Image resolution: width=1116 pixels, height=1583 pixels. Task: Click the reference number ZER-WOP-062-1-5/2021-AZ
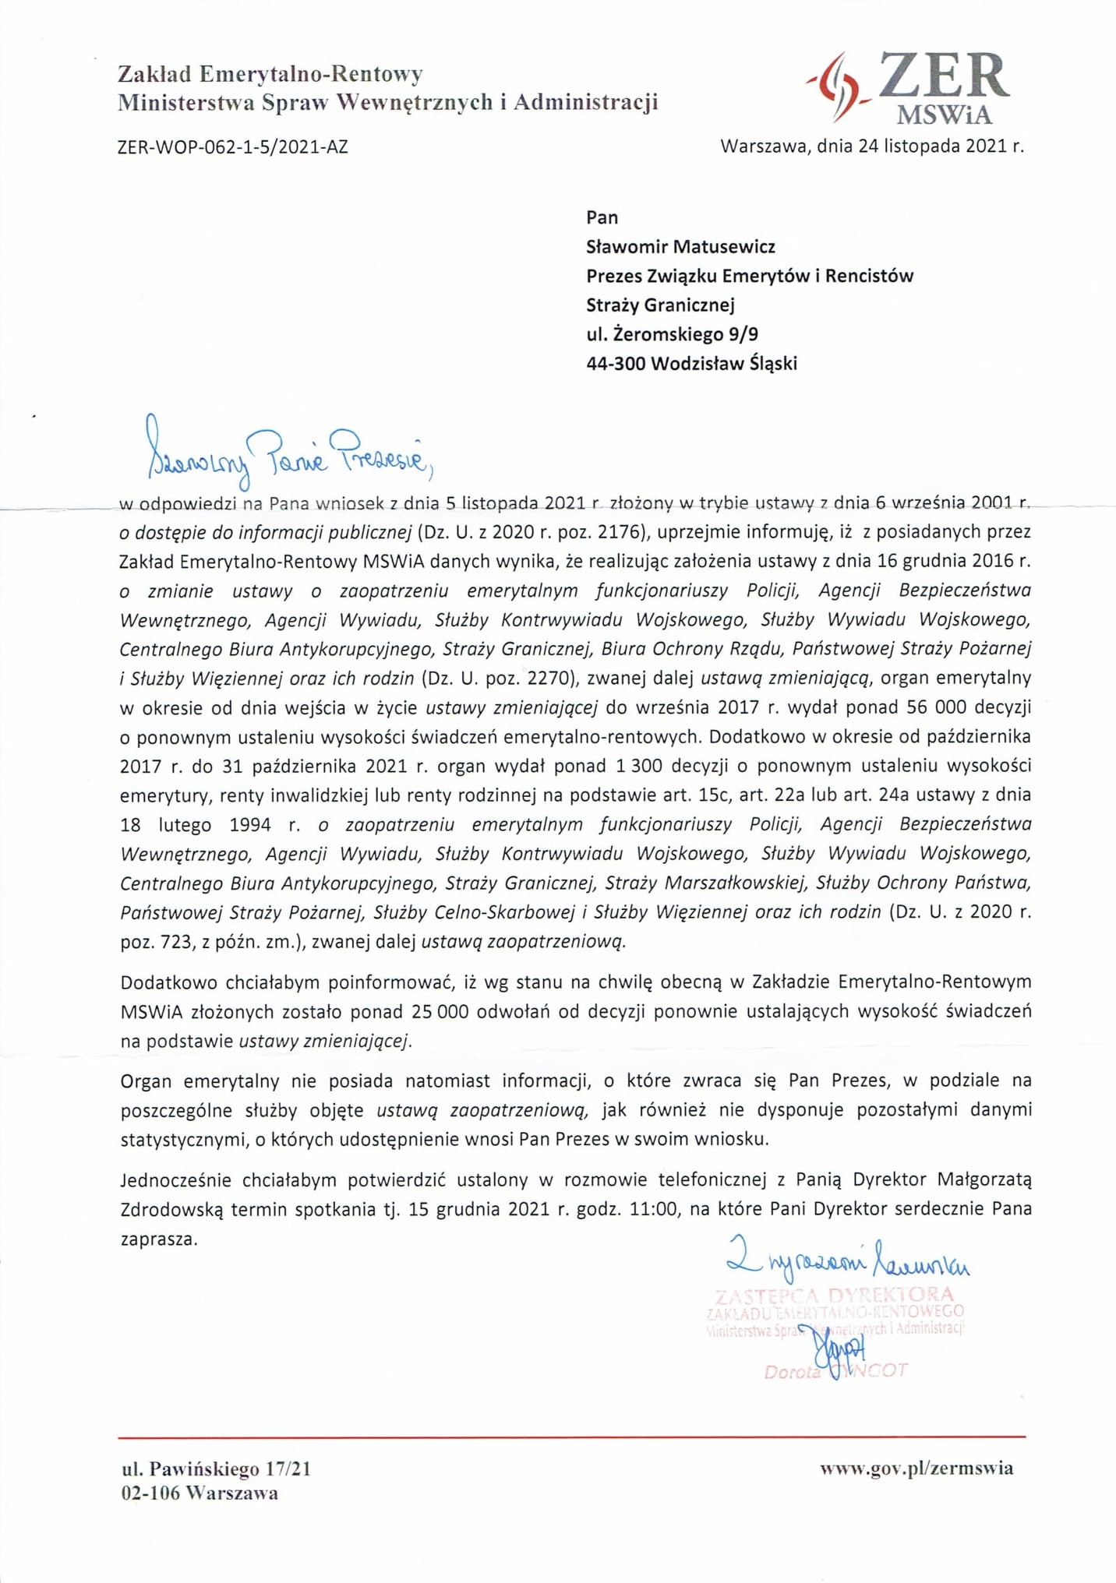[232, 146]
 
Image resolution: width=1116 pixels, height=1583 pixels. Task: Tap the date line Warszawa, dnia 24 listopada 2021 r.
[871, 146]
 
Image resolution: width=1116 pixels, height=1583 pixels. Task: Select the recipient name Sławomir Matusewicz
[680, 247]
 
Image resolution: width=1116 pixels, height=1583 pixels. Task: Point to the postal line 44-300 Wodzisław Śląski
[691, 363]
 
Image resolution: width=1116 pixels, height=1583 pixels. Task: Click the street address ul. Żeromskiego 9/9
[672, 334]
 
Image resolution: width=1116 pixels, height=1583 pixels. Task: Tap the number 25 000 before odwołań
[440, 1011]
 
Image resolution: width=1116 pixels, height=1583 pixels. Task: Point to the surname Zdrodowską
[171, 1209]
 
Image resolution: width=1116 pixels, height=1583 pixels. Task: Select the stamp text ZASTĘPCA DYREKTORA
[834, 1296]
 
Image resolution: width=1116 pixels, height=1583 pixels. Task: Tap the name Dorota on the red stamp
[792, 1373]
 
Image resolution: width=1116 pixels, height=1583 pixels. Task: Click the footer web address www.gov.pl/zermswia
[916, 1468]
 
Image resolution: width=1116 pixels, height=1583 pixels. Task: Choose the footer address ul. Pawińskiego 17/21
[216, 1469]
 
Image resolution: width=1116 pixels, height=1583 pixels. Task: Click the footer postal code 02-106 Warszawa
[200, 1493]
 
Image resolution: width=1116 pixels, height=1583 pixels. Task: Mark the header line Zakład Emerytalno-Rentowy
[270, 74]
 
